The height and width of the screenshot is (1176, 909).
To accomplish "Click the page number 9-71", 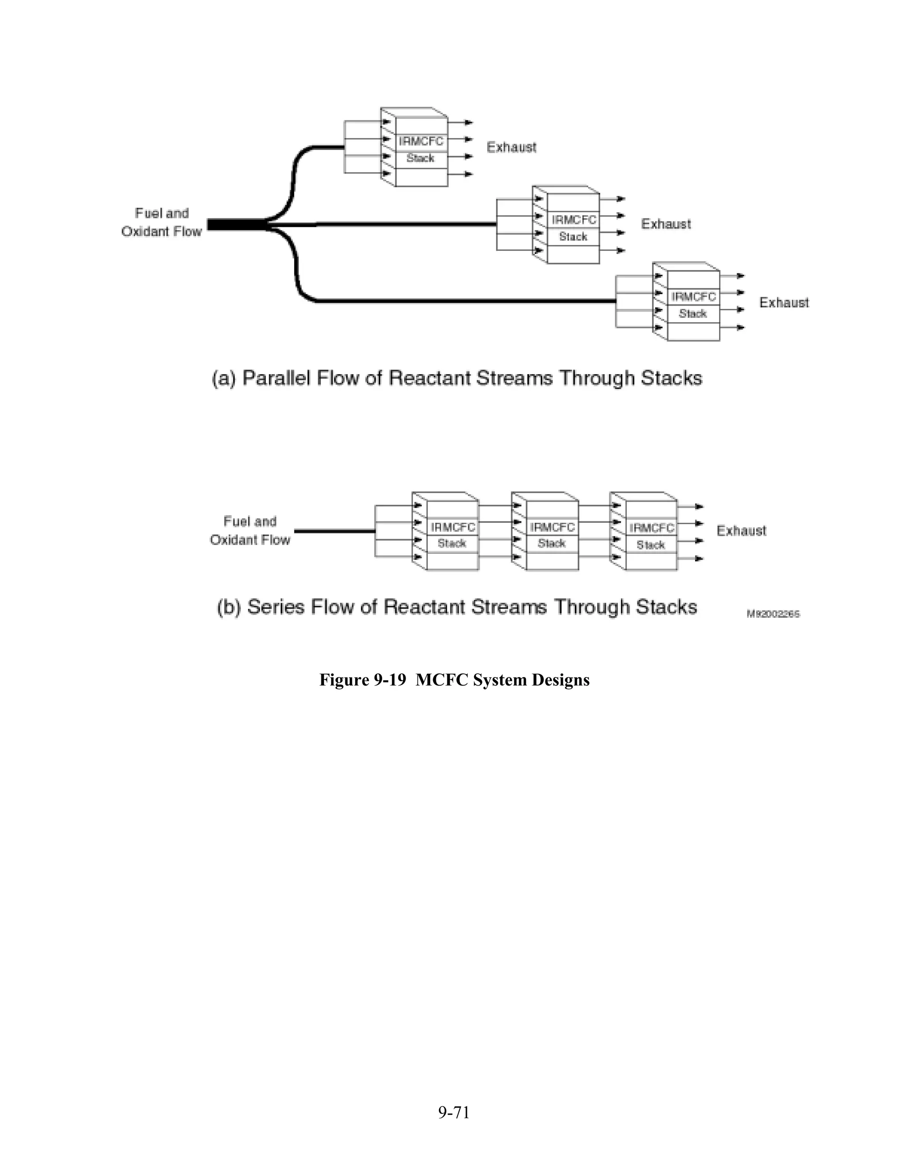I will pos(454,1112).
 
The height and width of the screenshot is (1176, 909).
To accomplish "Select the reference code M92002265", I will pos(773,614).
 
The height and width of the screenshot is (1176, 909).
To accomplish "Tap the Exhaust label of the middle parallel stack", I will pos(666,224).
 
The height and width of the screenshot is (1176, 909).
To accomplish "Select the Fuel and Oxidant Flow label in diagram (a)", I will pos(162,222).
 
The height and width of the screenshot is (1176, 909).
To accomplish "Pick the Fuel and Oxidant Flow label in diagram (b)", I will pos(250,530).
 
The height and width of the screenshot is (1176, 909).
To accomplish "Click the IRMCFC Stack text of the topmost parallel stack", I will pos(421,150).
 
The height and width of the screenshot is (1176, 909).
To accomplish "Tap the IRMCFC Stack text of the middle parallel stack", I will pos(573,228).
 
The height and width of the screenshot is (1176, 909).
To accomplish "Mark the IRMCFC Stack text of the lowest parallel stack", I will pos(693,305).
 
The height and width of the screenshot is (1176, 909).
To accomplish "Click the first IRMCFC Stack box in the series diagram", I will pos(452,535).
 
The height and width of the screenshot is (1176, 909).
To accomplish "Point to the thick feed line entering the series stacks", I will pos(334,532).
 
